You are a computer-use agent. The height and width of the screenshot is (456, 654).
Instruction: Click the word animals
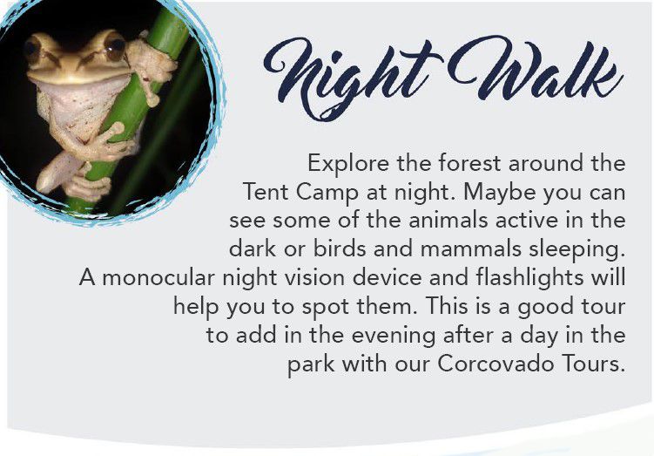coord(448,221)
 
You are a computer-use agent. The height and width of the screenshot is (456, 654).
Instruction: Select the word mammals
coord(471,249)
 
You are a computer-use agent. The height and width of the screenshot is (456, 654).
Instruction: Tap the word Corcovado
coord(496,364)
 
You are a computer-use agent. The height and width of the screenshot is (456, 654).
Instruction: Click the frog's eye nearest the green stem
coord(115,47)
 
